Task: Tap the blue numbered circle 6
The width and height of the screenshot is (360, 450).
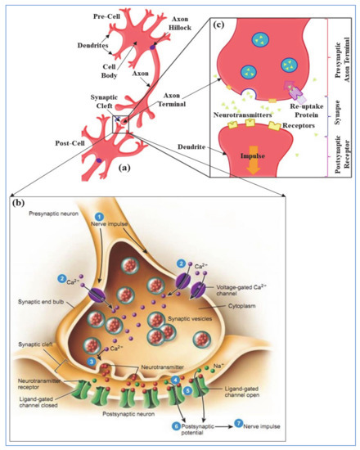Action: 176,425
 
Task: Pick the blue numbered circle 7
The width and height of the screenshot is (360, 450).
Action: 238,424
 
